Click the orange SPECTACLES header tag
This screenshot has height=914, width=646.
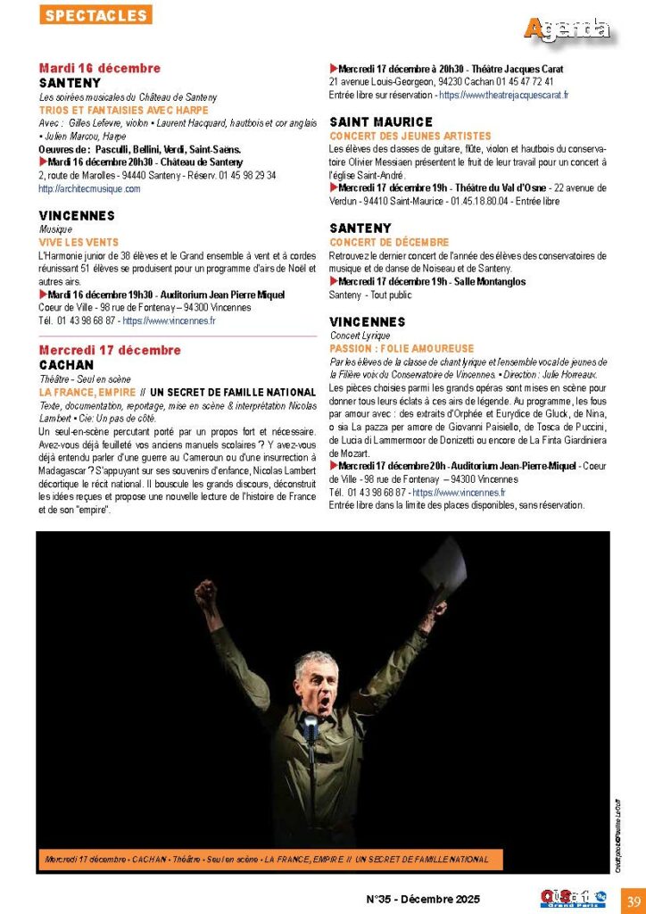coord(95,15)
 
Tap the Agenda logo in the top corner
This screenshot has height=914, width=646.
coord(567,29)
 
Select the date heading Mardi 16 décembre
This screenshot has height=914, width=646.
coord(100,68)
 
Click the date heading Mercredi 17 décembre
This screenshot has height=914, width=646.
coord(110,350)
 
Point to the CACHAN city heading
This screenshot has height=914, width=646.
coord(66,365)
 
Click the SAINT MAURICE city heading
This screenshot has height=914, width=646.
coord(381,121)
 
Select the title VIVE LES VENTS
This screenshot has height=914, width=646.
coord(79,242)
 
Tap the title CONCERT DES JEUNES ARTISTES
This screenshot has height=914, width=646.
coord(398,136)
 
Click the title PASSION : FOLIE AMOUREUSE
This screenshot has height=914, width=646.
coord(402,348)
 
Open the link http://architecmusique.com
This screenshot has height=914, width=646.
coord(89,188)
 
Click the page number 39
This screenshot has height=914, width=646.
coord(632,899)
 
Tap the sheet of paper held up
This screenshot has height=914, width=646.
coord(443,571)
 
